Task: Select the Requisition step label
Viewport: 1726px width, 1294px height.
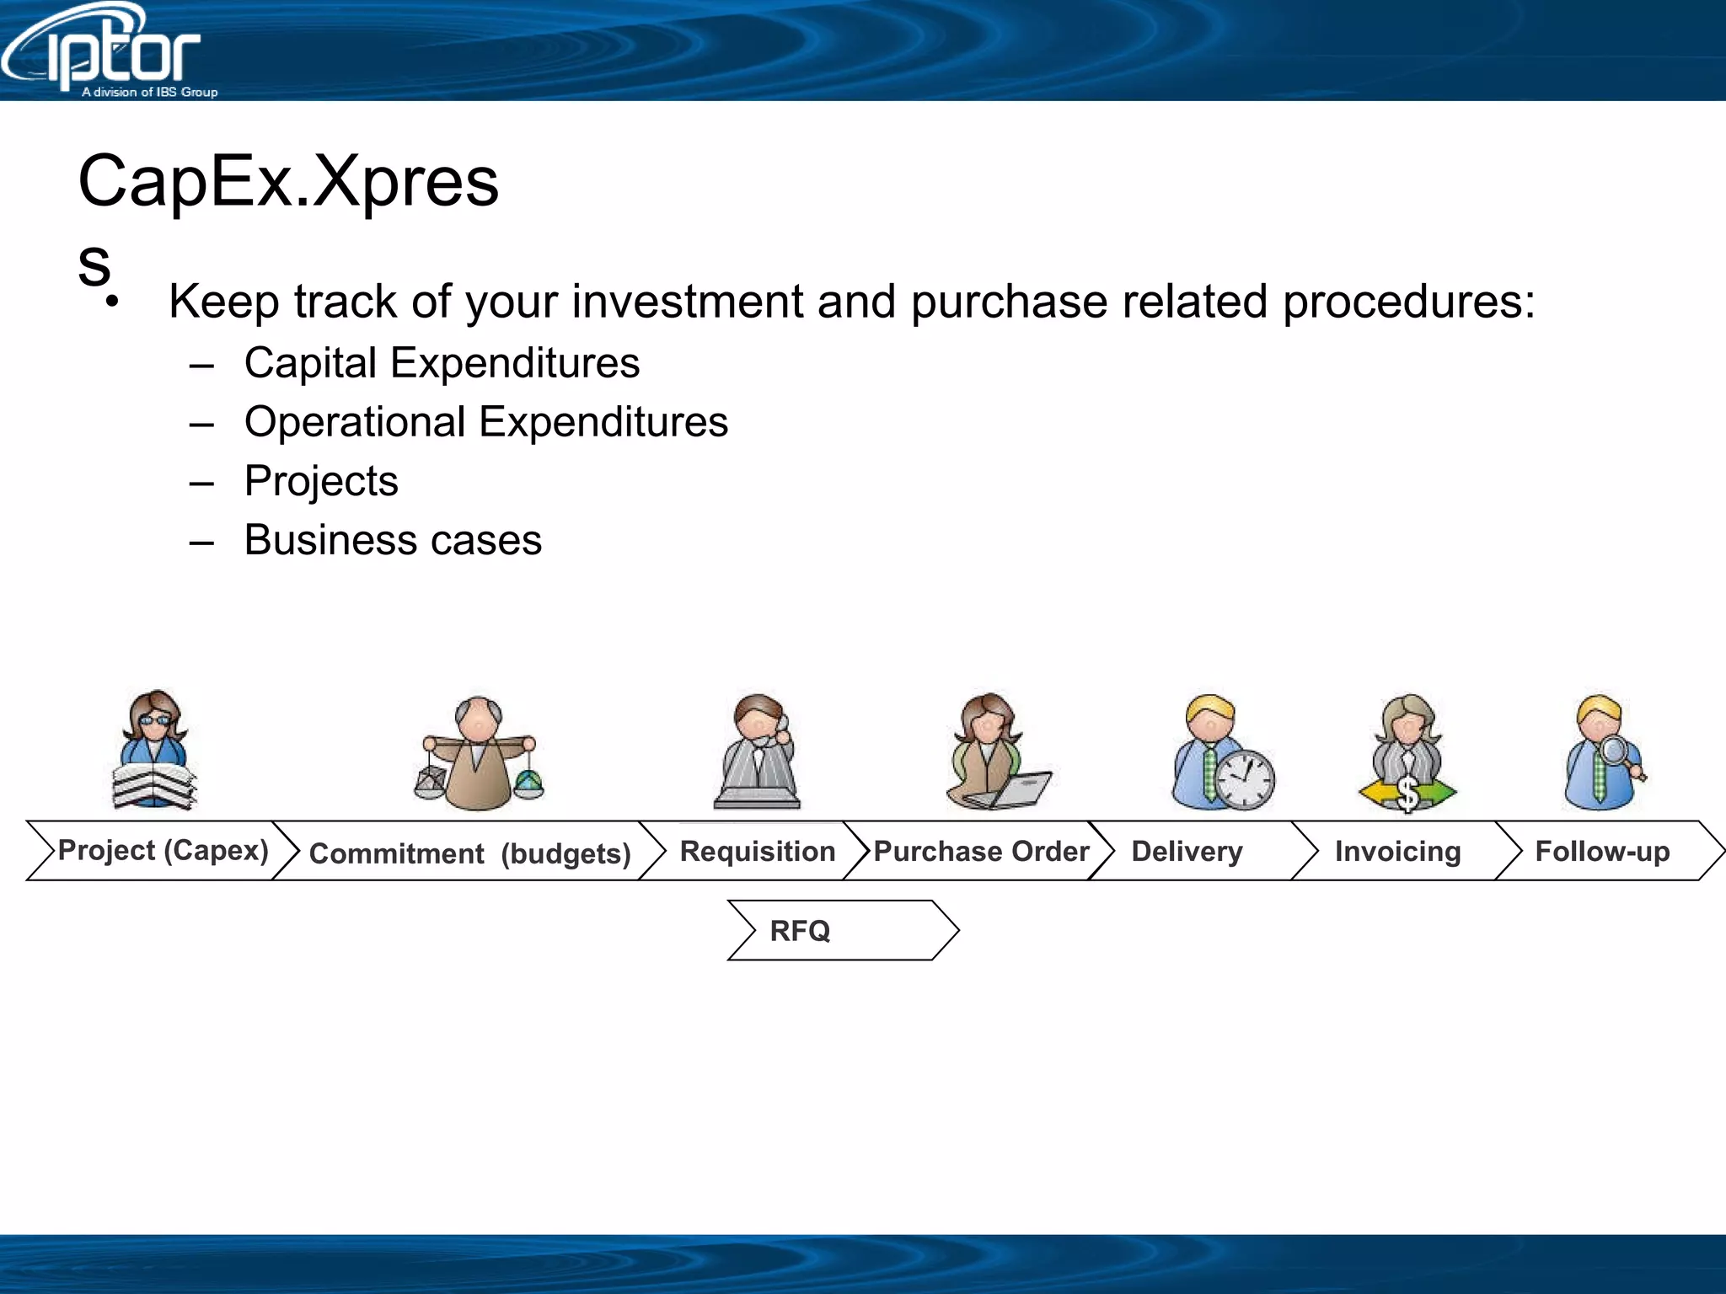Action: [x=757, y=851]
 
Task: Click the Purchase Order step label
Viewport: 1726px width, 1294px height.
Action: [x=981, y=851]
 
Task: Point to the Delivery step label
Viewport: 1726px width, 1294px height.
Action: [x=1187, y=851]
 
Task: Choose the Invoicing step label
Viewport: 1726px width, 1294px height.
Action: [x=1397, y=851]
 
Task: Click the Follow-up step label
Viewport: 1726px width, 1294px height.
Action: [x=1602, y=851]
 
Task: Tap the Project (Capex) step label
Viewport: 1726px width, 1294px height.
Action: [x=163, y=850]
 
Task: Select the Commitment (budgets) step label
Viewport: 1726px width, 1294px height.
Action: [x=469, y=853]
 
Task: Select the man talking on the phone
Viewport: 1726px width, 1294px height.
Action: [x=758, y=750]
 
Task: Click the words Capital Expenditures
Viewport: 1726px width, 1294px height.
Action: [x=442, y=363]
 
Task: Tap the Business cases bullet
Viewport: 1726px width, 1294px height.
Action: [x=393, y=540]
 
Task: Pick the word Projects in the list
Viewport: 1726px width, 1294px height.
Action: [x=321, y=481]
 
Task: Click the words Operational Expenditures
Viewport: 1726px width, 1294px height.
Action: [x=485, y=422]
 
